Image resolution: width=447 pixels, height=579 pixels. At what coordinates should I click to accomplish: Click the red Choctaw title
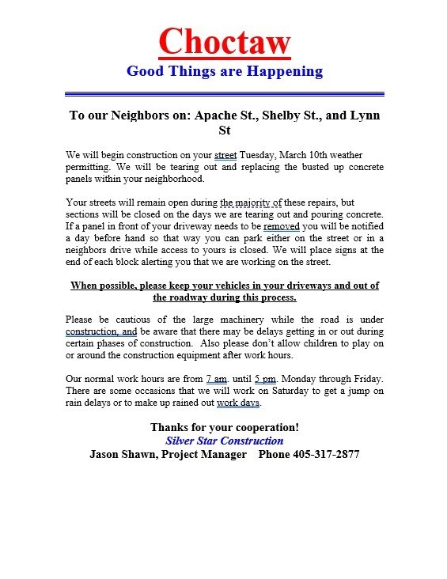tap(225, 41)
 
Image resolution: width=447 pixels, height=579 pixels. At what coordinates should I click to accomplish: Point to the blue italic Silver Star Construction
tap(225, 441)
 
